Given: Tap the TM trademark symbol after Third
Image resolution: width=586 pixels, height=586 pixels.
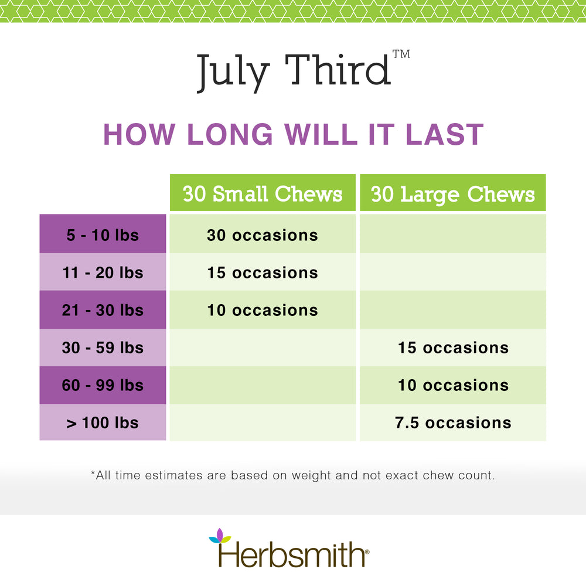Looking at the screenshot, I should (x=401, y=54).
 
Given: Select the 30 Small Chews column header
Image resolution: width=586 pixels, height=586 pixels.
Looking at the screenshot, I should (x=263, y=193).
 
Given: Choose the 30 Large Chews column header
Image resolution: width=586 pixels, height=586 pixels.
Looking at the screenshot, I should (x=453, y=193).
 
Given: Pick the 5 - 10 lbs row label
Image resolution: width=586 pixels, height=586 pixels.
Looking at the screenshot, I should (x=103, y=235).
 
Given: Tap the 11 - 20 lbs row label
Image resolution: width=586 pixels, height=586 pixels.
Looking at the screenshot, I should (x=103, y=272).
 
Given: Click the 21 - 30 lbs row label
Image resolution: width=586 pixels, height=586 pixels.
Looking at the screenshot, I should (x=103, y=310).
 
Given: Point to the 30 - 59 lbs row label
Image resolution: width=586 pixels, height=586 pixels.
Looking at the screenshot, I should (x=103, y=347).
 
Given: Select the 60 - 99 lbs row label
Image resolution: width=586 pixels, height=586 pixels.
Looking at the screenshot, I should (x=103, y=385).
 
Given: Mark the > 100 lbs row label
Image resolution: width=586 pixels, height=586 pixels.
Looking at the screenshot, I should (x=103, y=423).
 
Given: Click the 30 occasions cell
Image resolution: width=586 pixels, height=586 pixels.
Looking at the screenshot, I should (x=263, y=235).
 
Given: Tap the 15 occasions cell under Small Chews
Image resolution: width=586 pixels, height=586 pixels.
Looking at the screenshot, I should (x=263, y=272).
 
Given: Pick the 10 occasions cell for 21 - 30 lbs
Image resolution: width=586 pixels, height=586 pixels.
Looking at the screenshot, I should (x=263, y=310).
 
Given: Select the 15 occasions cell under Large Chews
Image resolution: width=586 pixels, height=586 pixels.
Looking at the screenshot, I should (x=453, y=347).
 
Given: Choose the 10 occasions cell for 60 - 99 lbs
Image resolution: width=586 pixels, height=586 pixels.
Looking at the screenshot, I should (x=453, y=385).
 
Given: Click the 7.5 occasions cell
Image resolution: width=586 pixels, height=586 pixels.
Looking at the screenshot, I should (x=453, y=423).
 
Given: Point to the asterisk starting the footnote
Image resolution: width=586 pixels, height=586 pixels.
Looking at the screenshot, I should (x=93, y=473).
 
